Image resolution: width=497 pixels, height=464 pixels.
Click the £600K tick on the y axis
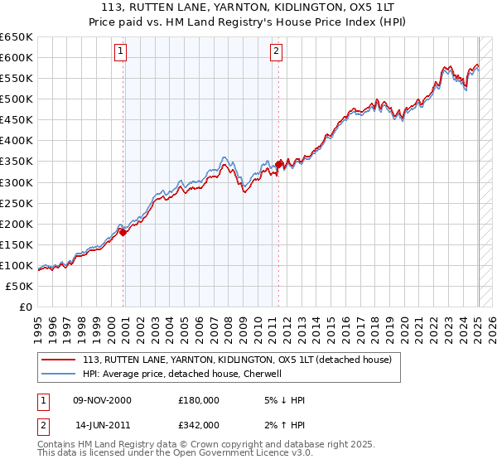coord(17,57)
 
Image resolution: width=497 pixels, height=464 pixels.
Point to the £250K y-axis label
coord(17,203)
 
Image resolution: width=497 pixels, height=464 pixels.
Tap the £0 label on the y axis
coord(26,307)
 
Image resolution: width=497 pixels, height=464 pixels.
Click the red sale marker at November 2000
coord(123,232)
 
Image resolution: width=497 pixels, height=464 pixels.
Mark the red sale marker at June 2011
coord(279,164)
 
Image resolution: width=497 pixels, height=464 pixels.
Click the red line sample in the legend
coord(58,360)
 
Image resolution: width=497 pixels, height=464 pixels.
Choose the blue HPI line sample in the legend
coord(58,374)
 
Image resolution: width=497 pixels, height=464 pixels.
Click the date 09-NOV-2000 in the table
coord(102,400)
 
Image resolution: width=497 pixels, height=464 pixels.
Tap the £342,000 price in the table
coord(199,425)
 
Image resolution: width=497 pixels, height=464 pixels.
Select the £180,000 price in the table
coord(199,400)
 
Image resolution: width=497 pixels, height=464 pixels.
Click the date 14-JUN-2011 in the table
coord(102,425)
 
